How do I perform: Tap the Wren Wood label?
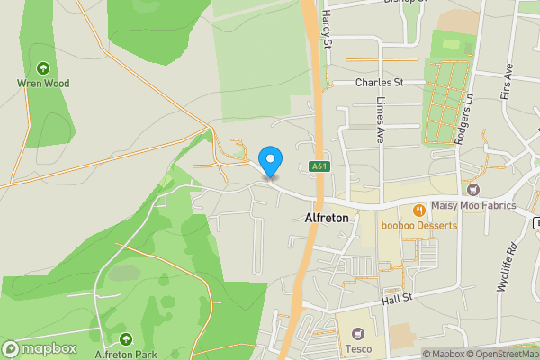(x=42, y=83)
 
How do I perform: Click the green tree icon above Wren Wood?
(x=42, y=67)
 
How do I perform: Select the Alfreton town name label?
(x=326, y=218)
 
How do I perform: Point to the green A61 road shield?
(x=319, y=166)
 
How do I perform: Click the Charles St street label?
(x=378, y=82)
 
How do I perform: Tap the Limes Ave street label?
(x=381, y=119)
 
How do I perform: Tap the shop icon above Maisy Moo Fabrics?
(x=473, y=189)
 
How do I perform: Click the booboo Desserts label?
(x=418, y=225)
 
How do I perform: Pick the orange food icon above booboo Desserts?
(x=418, y=210)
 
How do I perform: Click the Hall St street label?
(x=395, y=298)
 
